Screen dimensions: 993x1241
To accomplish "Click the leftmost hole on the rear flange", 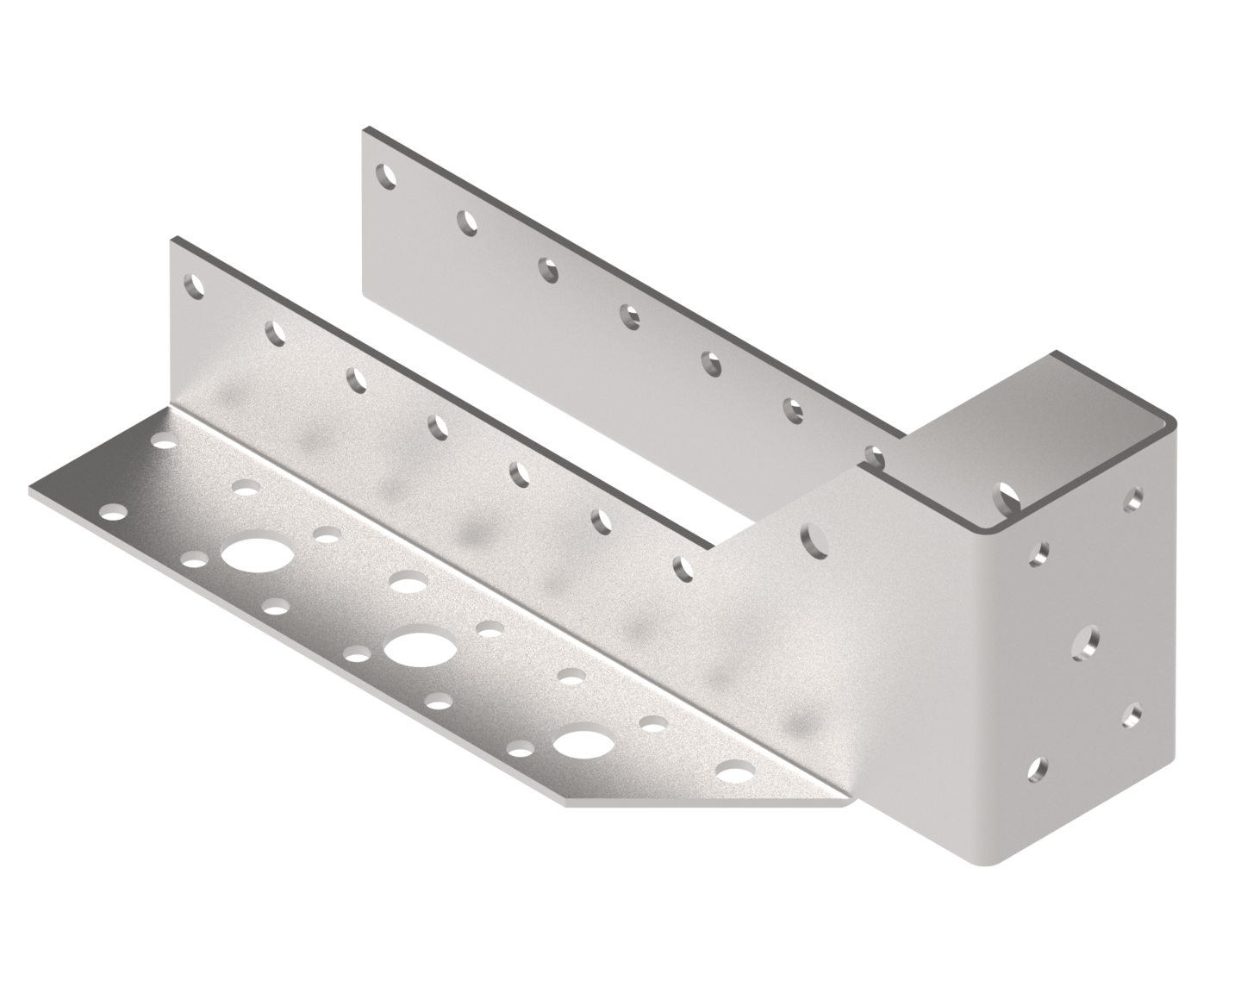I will (x=387, y=177).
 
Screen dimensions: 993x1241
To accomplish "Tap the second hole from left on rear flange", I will (x=466, y=223).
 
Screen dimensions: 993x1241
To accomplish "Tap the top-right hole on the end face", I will (x=1135, y=497).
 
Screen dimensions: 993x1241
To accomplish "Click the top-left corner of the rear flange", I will (x=365, y=129).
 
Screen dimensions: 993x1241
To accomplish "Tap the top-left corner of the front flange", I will (x=171, y=238).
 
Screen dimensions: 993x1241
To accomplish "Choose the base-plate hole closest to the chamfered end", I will (x=733, y=773).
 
